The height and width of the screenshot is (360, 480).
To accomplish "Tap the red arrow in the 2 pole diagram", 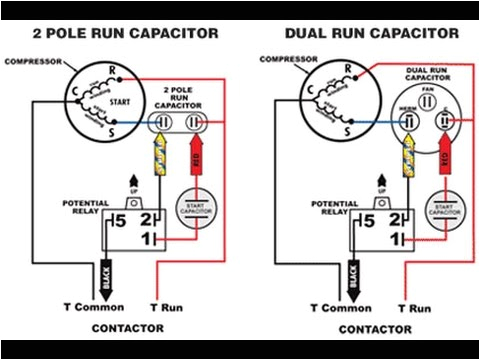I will click(x=195, y=158).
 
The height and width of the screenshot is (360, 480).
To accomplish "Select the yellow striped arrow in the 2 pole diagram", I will click(x=157, y=157).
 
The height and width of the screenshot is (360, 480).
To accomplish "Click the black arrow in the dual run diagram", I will click(x=355, y=270).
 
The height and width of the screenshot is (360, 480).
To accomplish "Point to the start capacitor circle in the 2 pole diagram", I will click(x=197, y=205).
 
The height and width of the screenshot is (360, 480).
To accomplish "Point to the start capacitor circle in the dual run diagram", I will click(x=441, y=205).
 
